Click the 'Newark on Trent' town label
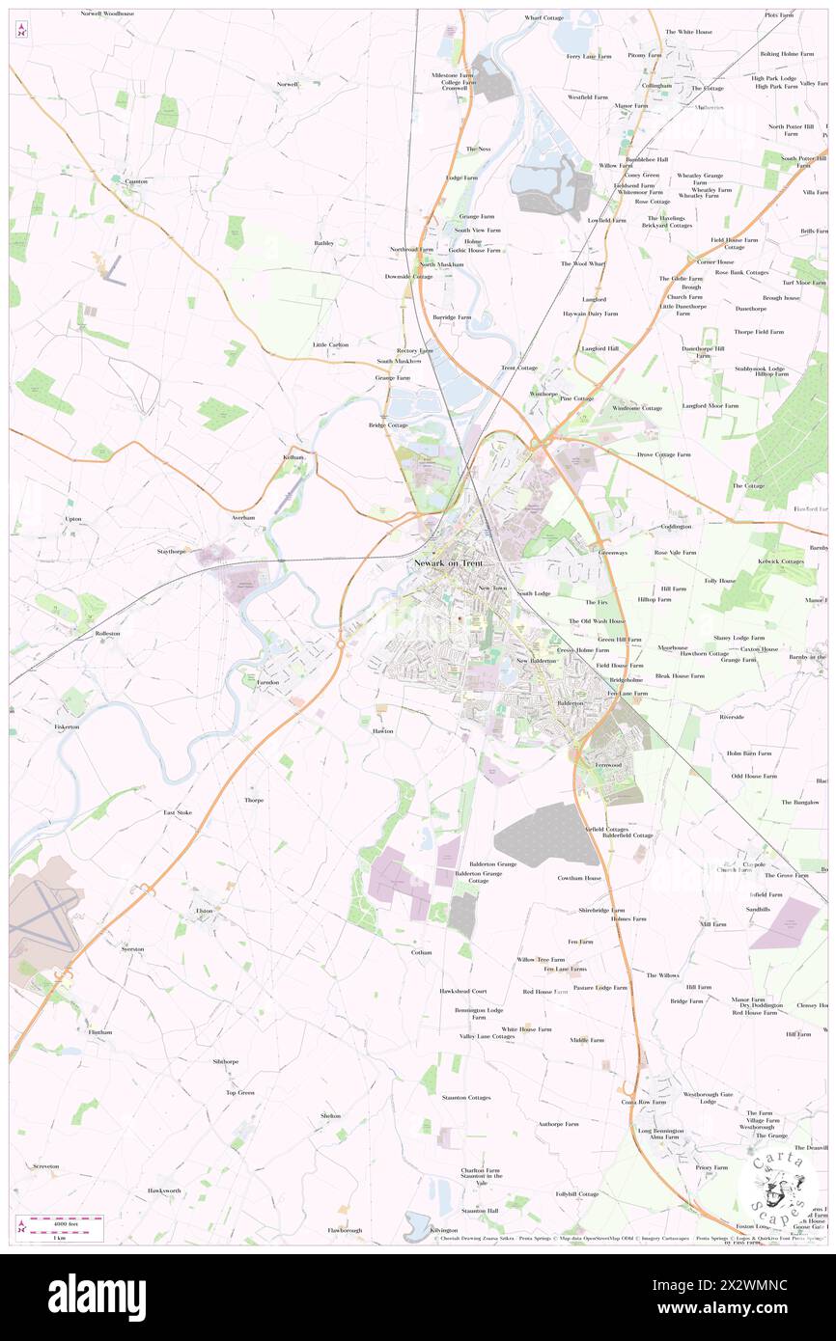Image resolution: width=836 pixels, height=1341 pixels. pos(446,563)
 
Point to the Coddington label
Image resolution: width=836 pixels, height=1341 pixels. pos(676,527)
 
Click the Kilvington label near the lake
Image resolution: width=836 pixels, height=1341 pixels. pos(443,1230)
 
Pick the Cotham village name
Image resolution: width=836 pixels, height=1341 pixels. pos(421,951)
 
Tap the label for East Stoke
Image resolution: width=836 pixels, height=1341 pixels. pos(178,812)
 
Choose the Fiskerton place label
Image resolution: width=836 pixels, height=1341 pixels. pos(67,726)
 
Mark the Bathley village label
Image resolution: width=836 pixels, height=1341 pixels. pos(323,243)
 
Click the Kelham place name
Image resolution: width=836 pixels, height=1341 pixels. pos(293,456)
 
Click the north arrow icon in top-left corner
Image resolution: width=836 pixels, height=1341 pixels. pos(21,29)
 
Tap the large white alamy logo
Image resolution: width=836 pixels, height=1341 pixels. pos(97,1297)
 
